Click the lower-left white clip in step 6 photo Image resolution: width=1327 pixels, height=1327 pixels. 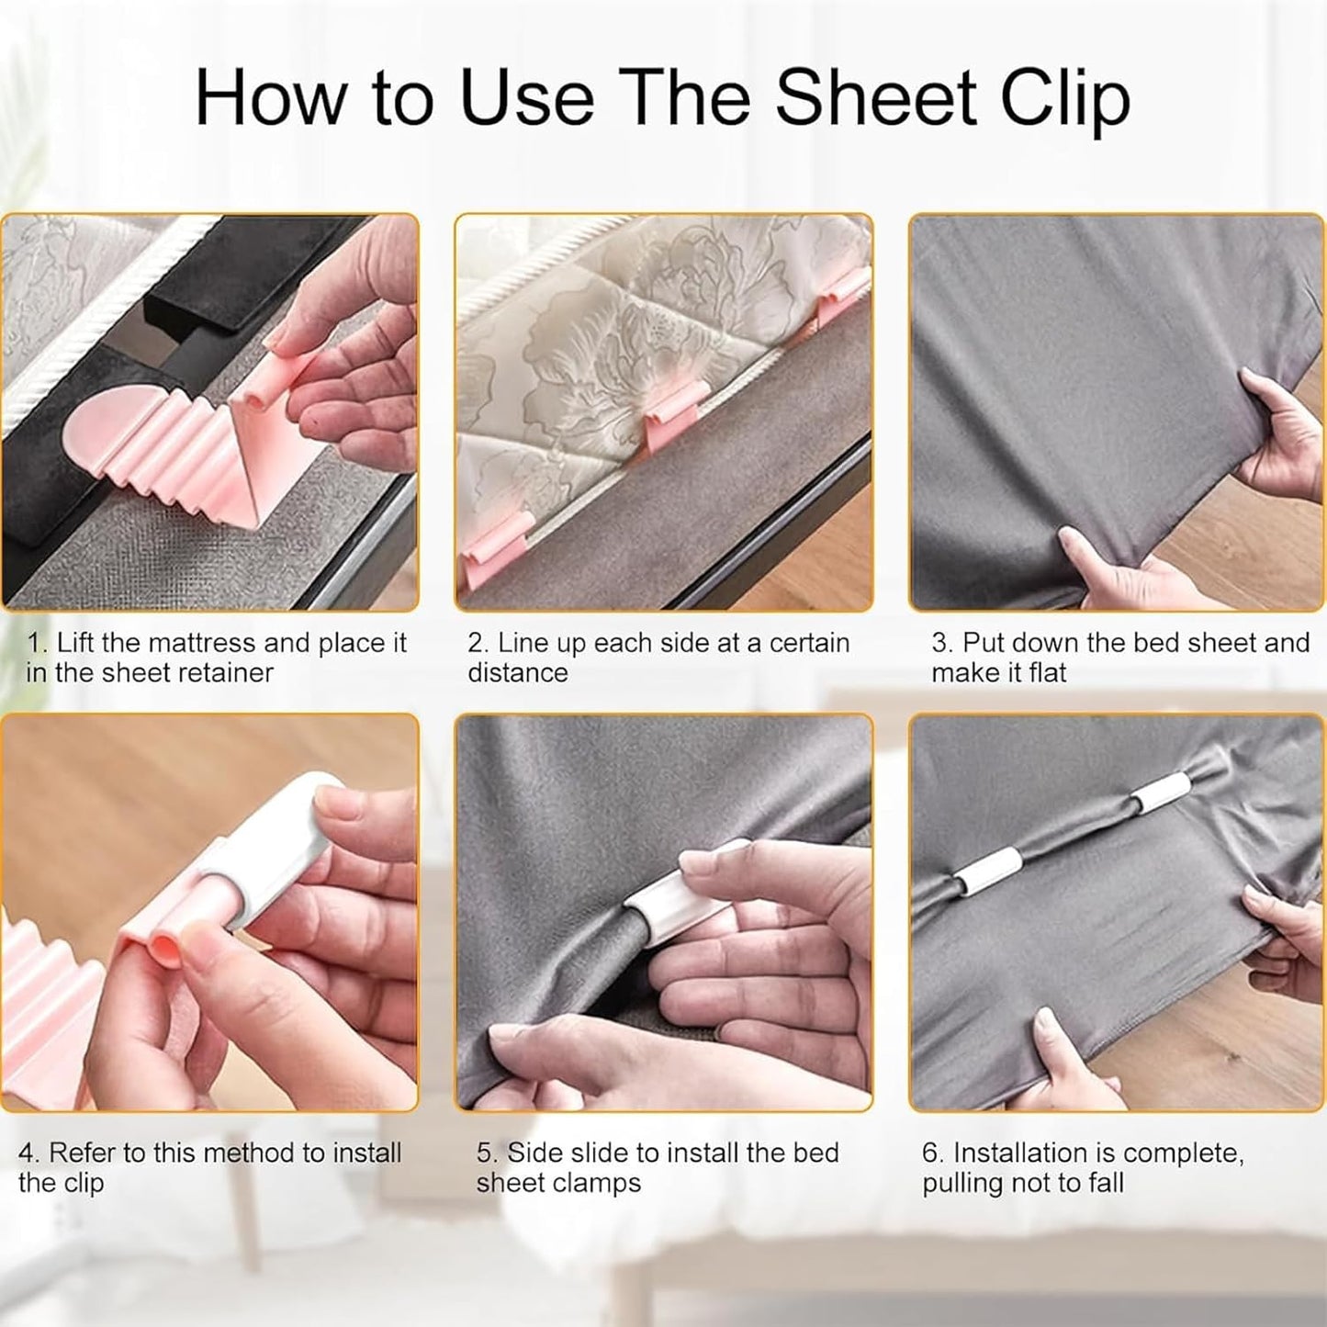click(987, 874)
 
